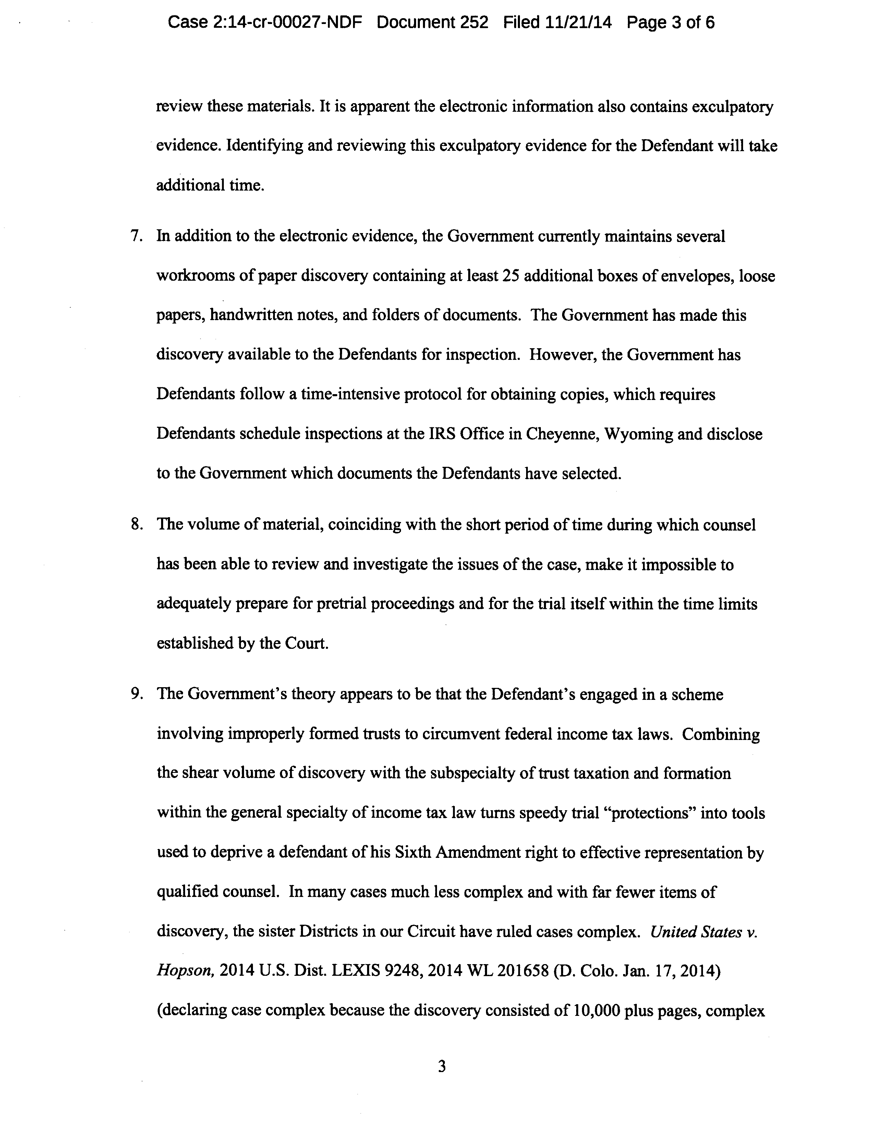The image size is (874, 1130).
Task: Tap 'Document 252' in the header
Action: pyautogui.click(x=432, y=22)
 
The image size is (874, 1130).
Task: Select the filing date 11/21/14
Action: pyautogui.click(x=579, y=22)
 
